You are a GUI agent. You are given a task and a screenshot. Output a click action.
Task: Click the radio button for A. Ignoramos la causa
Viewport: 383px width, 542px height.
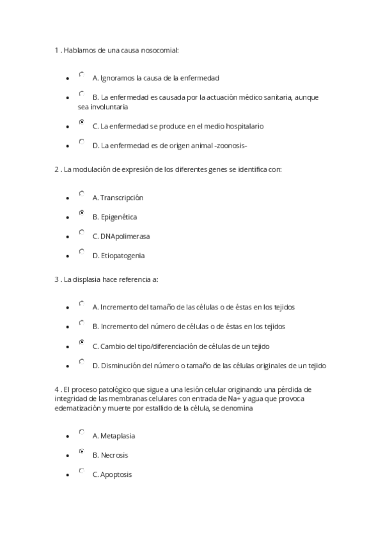coord(81,75)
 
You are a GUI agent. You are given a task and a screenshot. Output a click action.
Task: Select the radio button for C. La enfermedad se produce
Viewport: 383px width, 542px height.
coord(81,121)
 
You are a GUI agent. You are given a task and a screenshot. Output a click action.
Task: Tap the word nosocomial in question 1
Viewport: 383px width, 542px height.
coord(159,49)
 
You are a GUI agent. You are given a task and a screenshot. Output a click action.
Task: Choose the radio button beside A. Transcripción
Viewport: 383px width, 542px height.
coord(81,193)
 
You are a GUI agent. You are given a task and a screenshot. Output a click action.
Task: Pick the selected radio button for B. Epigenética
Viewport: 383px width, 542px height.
coord(81,212)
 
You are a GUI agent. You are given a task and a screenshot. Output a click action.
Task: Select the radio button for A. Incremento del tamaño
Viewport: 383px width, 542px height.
coord(81,303)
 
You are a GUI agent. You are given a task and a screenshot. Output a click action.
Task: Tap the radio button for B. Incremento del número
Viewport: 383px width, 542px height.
coord(81,322)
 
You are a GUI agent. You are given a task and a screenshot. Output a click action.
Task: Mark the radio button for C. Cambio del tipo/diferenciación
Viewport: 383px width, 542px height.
coord(81,342)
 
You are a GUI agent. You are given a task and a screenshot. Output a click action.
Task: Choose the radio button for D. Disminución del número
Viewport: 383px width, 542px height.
coord(81,361)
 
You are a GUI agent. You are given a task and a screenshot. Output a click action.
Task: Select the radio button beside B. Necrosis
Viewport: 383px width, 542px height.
coord(81,451)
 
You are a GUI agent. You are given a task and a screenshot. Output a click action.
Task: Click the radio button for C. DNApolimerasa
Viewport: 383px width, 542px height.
coord(81,232)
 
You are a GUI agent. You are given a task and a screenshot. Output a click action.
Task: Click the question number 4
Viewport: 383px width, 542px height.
coord(56,389)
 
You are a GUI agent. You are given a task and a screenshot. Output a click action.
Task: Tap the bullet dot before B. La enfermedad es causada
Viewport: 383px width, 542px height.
coord(68,98)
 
